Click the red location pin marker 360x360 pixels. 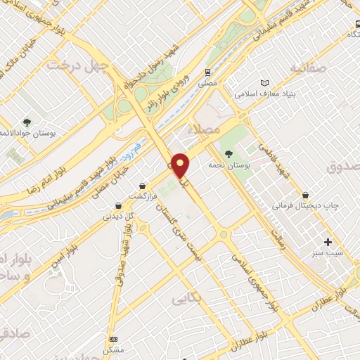pos(181,167)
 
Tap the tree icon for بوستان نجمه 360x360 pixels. pos(228,154)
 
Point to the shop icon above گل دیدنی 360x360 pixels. pos(117,206)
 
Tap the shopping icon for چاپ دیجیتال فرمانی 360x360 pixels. pos(305,195)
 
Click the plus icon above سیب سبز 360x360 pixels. pos(328,242)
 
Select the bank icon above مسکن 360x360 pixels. pos(112,339)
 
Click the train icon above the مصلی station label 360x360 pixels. pos(207,72)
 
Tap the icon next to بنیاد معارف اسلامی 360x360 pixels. pos(264,82)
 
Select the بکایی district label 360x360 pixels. pos(187,298)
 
